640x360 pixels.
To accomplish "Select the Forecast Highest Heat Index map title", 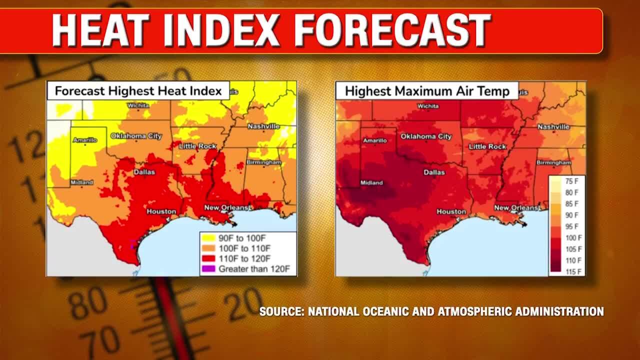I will [x=138, y=91].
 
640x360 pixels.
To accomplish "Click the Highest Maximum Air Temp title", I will [x=426, y=91].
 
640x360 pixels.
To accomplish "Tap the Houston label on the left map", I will [x=161, y=211].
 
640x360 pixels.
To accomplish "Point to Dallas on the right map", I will [x=434, y=172].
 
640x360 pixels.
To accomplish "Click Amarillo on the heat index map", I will [x=85, y=140].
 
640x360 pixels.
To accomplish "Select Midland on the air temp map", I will [x=371, y=182].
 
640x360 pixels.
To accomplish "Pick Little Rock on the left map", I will [x=197, y=146].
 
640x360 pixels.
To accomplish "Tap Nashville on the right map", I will [x=553, y=126].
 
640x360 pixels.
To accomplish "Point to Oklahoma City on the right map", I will [x=426, y=136].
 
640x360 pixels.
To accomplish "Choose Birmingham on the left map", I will [x=263, y=162].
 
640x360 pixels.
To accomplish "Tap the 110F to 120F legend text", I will [x=244, y=258].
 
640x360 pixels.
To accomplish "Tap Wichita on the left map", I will [x=138, y=105].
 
